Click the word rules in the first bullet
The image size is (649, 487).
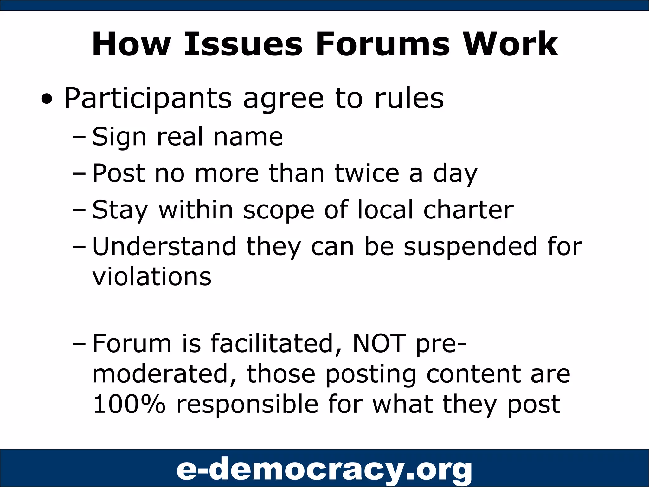coord(409,99)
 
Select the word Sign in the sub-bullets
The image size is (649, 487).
coord(119,137)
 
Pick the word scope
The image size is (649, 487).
coord(279,210)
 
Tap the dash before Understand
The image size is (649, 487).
coord(79,247)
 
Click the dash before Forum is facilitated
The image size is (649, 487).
coord(79,344)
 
